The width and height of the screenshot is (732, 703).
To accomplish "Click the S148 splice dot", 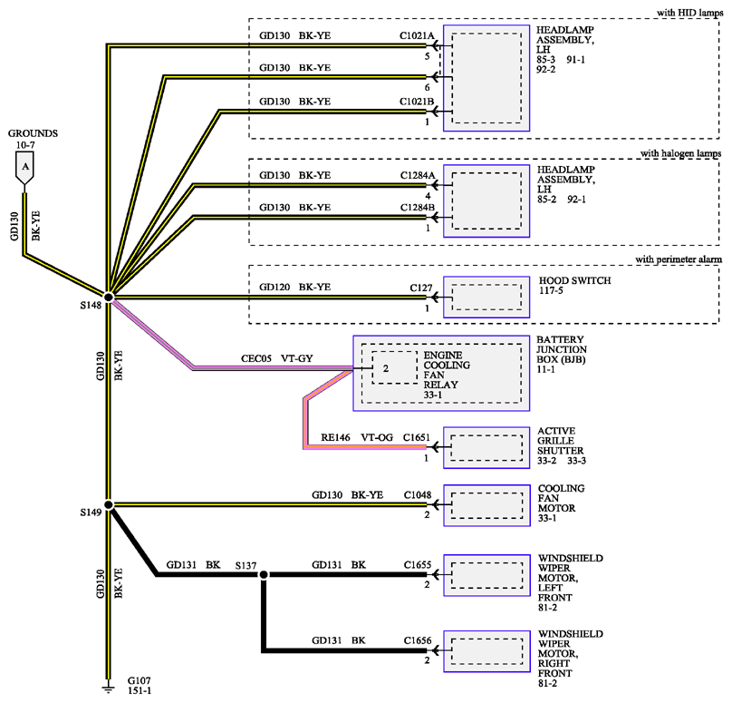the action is pyautogui.click(x=109, y=297).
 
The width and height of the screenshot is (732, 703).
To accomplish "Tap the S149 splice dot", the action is pyautogui.click(x=109, y=505).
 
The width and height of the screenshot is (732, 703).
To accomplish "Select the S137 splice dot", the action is pyautogui.click(x=264, y=574).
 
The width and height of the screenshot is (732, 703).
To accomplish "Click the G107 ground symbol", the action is pyautogui.click(x=109, y=688).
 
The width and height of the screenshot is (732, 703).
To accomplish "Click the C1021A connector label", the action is pyautogui.click(x=417, y=35).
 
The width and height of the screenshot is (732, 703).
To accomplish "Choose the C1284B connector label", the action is pyautogui.click(x=418, y=207).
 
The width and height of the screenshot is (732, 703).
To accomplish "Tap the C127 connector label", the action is pyautogui.click(x=421, y=288).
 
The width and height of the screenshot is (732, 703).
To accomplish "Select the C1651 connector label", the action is pyautogui.click(x=417, y=437).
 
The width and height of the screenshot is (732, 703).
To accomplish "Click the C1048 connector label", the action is pyautogui.click(x=418, y=494).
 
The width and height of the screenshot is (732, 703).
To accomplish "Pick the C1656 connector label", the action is pyautogui.click(x=418, y=640).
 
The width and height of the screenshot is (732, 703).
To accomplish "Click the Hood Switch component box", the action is pyautogui.click(x=486, y=297).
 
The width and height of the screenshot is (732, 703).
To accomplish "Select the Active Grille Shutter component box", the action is pyautogui.click(x=486, y=447).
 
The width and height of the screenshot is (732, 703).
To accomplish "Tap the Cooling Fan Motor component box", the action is pyautogui.click(x=486, y=505).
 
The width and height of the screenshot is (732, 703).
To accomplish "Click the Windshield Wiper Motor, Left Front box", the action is pyautogui.click(x=486, y=575).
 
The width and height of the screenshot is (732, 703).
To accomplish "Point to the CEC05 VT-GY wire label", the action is pyautogui.click(x=277, y=358).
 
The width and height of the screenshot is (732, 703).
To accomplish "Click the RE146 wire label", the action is pyautogui.click(x=335, y=437).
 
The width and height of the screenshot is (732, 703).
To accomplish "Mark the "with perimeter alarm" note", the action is pyautogui.click(x=679, y=259).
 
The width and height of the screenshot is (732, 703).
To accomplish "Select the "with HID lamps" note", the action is pyautogui.click(x=690, y=13).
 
